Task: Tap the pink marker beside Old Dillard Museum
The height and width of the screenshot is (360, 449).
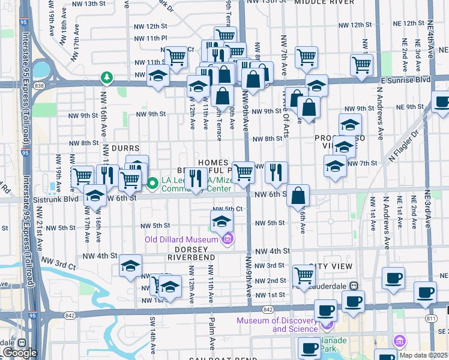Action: (x=228, y=240)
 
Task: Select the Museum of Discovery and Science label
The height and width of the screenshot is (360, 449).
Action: (x=277, y=325)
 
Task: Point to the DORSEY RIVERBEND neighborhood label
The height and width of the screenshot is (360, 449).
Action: (x=191, y=253)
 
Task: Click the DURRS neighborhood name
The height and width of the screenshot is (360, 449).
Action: (x=125, y=148)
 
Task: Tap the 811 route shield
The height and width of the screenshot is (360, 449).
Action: (x=430, y=317)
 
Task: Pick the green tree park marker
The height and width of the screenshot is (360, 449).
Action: (x=107, y=77)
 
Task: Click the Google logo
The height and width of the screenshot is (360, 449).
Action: (x=20, y=352)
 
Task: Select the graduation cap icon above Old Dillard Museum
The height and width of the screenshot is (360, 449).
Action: (x=222, y=222)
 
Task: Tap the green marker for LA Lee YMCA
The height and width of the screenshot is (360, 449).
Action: (x=153, y=183)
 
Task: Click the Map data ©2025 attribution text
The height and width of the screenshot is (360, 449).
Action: (x=423, y=355)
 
